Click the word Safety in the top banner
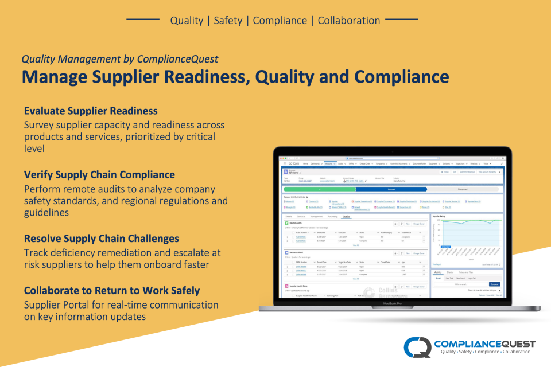(x=228, y=20)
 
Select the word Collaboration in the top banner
(x=349, y=20)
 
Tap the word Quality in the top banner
(x=187, y=20)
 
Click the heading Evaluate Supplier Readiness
(x=91, y=111)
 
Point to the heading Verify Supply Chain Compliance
(x=99, y=174)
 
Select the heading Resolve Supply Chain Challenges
(x=102, y=238)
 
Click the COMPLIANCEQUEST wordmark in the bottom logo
(x=484, y=343)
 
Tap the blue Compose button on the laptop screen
(x=494, y=284)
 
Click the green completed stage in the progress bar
(x=319, y=188)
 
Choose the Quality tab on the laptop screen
(x=346, y=217)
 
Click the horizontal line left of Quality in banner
(x=142, y=20)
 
